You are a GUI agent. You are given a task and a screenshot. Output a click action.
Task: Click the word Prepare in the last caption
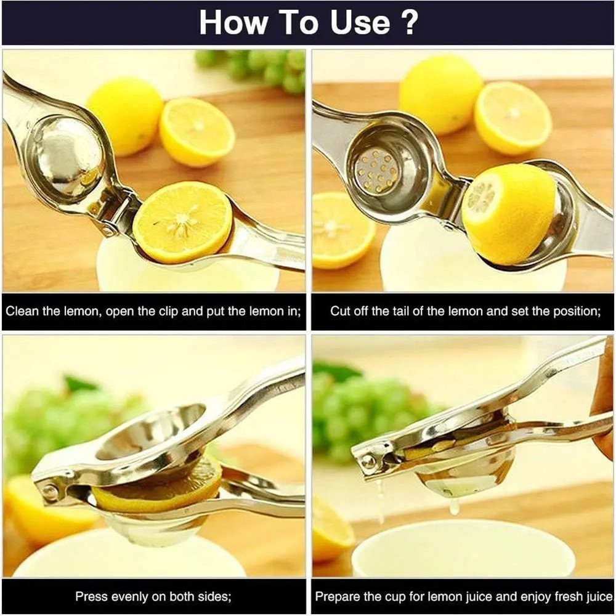point(337,596)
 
